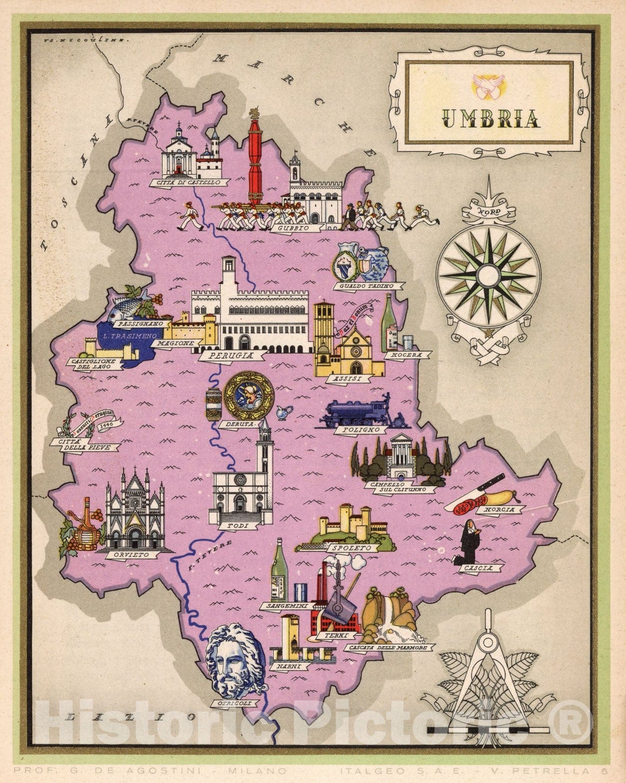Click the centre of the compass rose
(x=488, y=272)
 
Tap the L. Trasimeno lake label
(x=127, y=336)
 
